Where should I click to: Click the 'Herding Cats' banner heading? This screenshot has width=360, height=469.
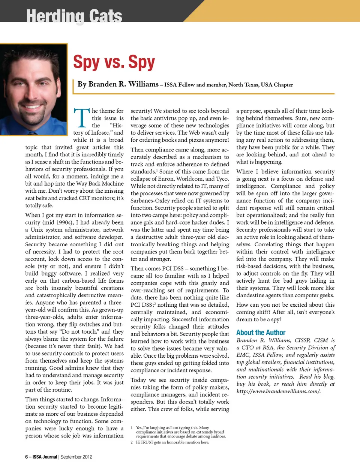click(x=74, y=16)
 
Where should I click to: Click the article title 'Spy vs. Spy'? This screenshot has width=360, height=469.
click(x=114, y=62)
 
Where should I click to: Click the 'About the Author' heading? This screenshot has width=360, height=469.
click(x=261, y=333)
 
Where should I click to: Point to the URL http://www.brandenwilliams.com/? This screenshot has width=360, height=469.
click(x=278, y=391)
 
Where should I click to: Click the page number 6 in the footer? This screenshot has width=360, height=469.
click(x=27, y=457)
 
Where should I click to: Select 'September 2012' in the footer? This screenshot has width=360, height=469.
click(x=76, y=457)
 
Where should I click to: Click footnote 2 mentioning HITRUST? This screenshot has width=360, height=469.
click(x=172, y=442)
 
